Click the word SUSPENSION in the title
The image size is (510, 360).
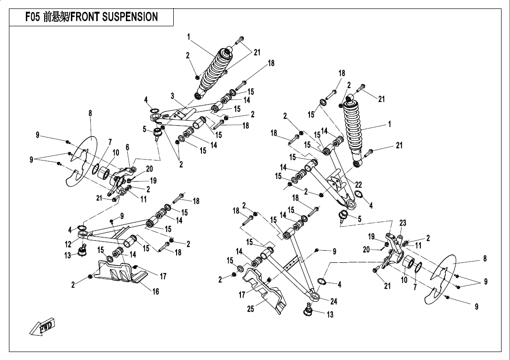(130, 17)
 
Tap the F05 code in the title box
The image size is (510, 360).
(33, 17)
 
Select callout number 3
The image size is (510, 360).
(173, 96)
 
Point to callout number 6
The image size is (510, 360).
(127, 147)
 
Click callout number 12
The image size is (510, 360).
(69, 245)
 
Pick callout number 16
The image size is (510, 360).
(155, 291)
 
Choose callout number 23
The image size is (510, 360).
(403, 222)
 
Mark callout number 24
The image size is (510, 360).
(333, 301)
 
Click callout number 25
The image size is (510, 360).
(251, 309)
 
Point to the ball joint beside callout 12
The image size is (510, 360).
(83, 252)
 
